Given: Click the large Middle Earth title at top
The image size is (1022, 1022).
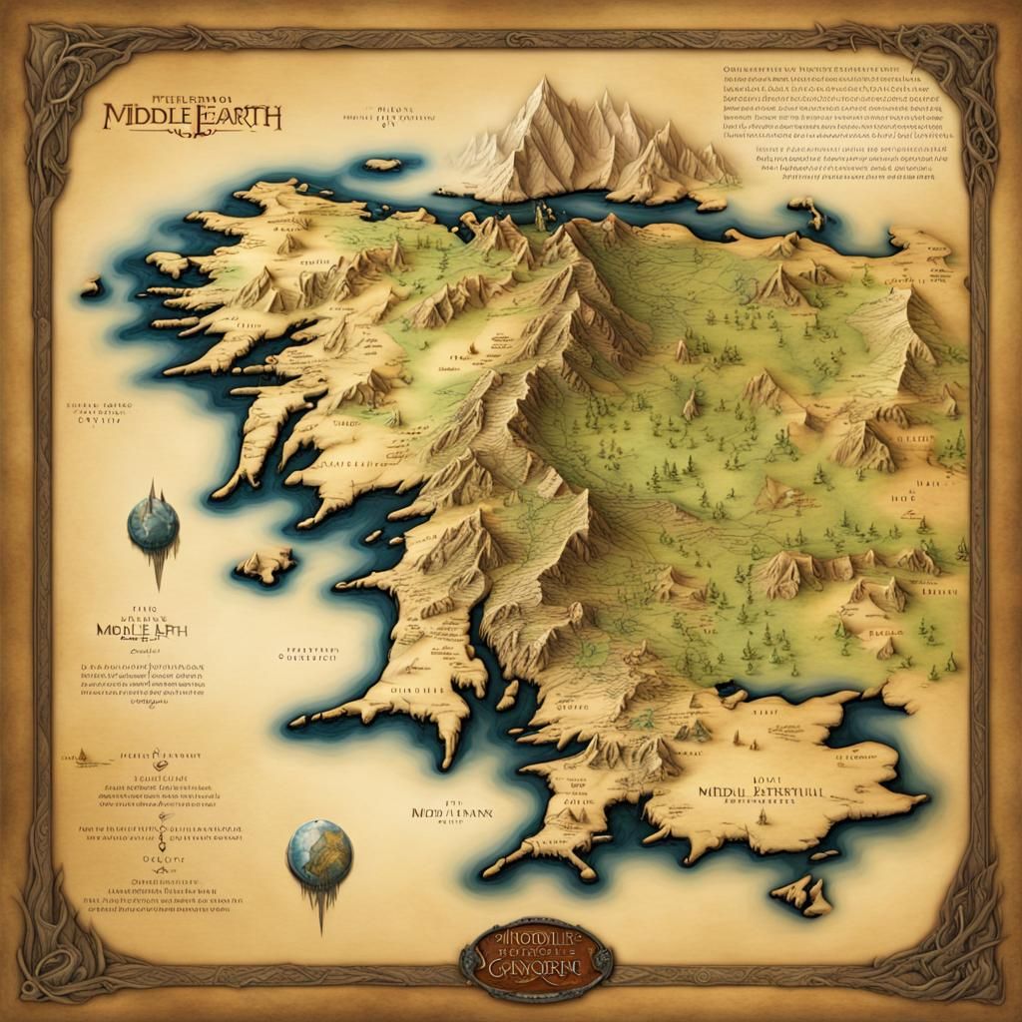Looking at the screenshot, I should click(193, 114).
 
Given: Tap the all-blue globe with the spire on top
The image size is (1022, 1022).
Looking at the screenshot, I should click(153, 522).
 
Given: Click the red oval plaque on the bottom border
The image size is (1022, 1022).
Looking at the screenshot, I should click(537, 958).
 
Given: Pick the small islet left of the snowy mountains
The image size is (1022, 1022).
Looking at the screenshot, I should click(381, 164).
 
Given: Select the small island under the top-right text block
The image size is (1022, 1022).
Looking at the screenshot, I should click(803, 209).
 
